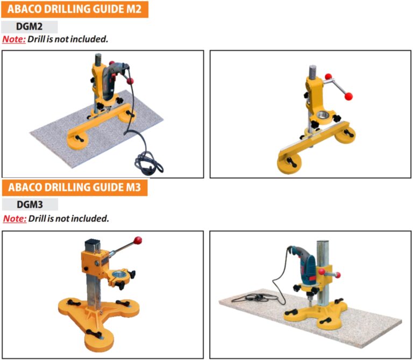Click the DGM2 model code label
30,27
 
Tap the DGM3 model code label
30,205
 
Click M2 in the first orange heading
133,9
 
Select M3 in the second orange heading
133,188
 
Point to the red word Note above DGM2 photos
14,40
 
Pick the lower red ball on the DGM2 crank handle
349,97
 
